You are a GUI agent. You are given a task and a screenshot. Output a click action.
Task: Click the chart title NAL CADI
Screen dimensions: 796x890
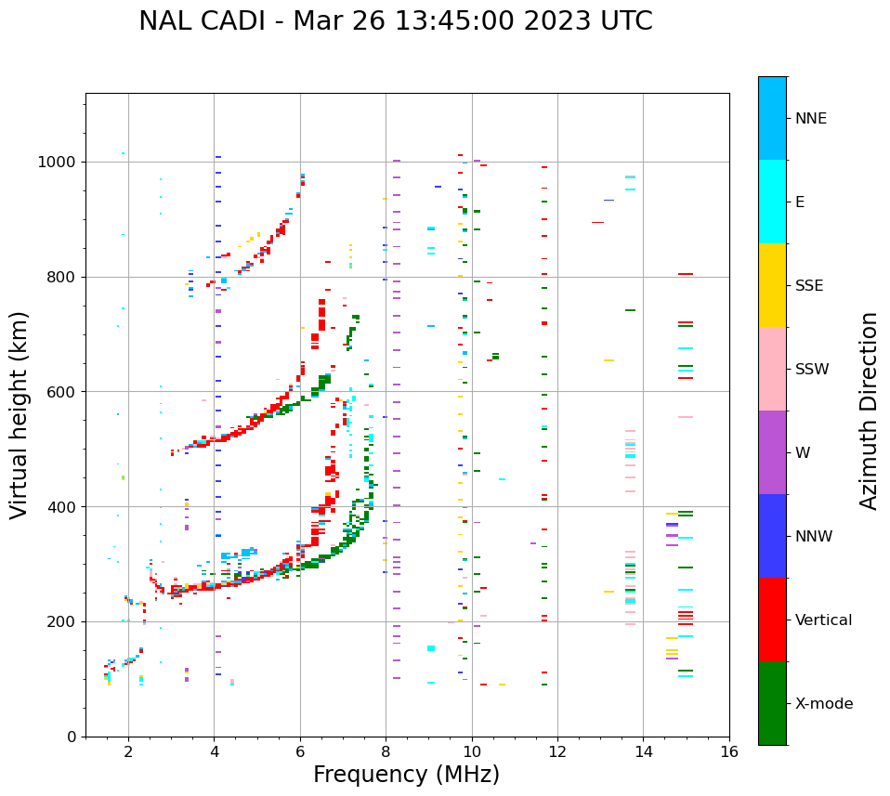[395, 21]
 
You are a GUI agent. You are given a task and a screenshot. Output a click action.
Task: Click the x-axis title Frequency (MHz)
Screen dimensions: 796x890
[406, 775]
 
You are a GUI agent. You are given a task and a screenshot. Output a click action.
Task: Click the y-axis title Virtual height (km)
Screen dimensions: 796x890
[20, 415]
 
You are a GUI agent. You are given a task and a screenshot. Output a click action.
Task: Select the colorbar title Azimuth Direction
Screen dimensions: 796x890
[869, 411]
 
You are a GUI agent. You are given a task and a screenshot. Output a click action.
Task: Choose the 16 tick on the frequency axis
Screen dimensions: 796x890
[729, 751]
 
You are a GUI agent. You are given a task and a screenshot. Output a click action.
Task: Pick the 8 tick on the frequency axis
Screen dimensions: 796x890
[386, 751]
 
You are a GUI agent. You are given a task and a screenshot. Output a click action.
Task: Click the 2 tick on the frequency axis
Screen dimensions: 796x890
[128, 751]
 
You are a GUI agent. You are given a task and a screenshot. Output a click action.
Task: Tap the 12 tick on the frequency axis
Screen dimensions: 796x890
[557, 751]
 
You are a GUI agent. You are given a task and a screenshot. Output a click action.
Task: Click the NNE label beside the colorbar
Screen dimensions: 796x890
[811, 119]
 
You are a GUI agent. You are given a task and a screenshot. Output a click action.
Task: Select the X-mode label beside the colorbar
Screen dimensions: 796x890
[824, 704]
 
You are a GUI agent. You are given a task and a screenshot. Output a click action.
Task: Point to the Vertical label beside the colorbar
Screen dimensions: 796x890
[823, 620]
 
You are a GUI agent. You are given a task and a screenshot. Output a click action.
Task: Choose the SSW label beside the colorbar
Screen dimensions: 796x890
[812, 370]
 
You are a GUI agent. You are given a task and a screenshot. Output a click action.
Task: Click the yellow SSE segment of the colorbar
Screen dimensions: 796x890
[772, 285]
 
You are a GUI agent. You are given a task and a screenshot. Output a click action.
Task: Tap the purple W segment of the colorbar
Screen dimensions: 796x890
[772, 452]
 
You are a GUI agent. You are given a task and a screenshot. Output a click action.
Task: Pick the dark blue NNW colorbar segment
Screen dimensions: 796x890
[772, 536]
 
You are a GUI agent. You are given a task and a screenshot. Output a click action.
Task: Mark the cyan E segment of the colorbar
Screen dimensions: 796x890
[772, 202]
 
